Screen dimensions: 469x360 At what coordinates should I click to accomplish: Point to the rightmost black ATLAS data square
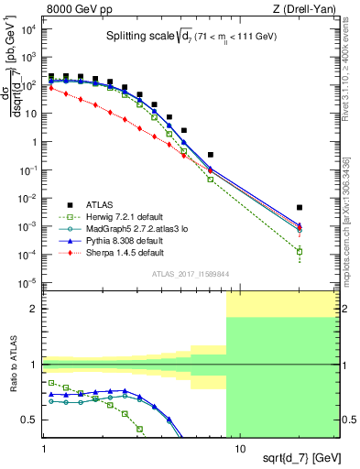coord(300,208)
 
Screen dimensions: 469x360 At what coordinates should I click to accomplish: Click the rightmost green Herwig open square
coord(300,252)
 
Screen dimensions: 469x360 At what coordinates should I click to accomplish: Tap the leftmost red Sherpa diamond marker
coord(51,88)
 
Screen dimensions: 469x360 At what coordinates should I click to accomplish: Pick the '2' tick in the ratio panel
coord(35,309)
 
